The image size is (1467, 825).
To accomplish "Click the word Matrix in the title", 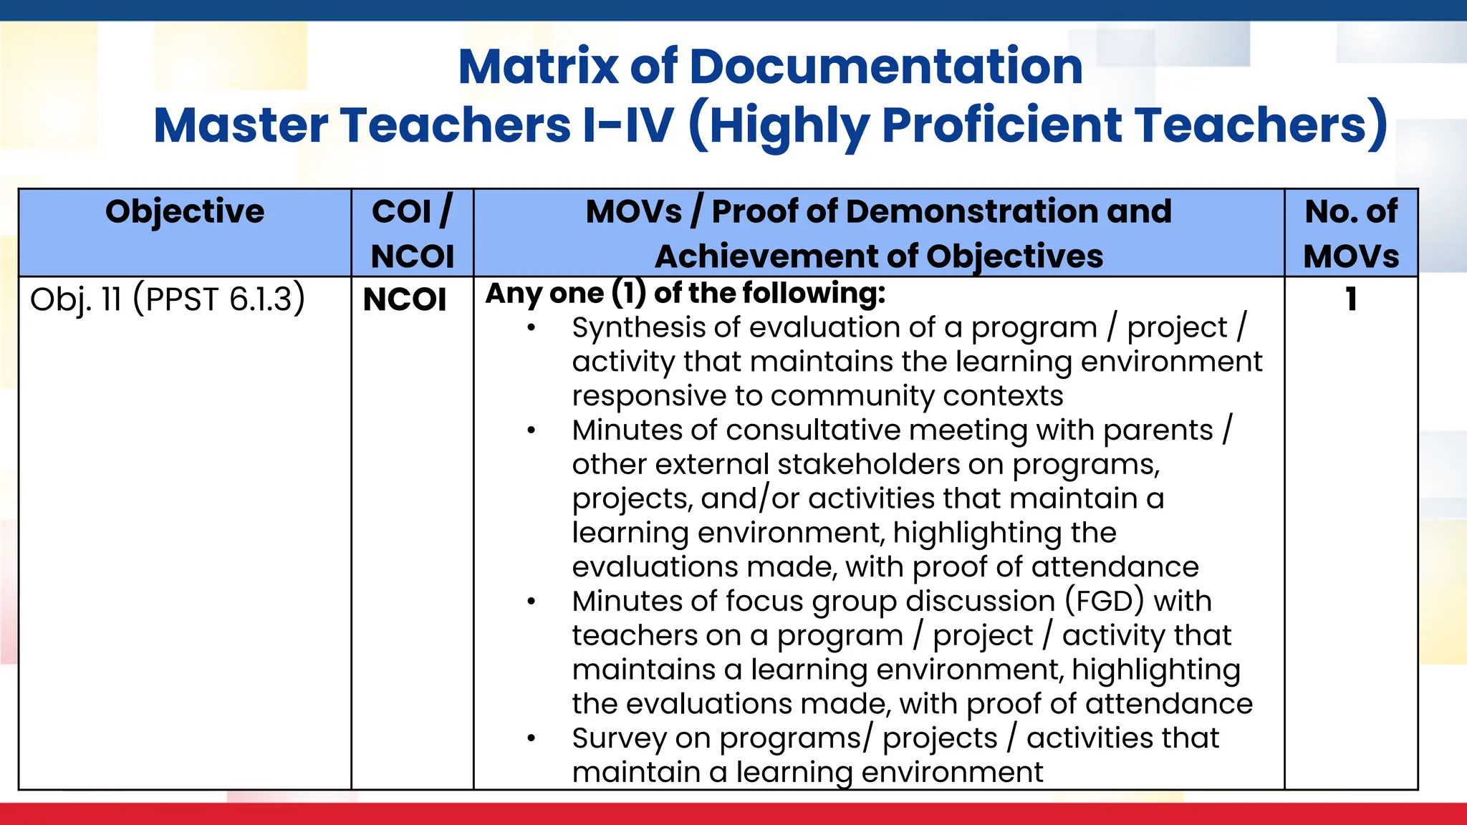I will [538, 67].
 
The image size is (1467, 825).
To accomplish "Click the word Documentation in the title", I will [885, 67].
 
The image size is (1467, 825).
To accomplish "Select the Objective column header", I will [185, 212].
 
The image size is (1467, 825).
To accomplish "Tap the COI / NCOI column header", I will [413, 233].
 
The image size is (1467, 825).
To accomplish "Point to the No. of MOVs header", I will [1351, 233].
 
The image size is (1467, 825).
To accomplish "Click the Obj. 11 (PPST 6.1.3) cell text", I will [168, 299].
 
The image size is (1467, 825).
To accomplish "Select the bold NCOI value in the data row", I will [405, 300].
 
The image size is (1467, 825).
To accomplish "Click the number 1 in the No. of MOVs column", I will [1351, 299].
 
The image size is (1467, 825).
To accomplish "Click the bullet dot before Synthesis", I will [531, 329].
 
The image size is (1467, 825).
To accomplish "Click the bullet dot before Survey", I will [531, 738].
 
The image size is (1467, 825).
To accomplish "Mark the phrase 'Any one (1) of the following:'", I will [686, 294].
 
